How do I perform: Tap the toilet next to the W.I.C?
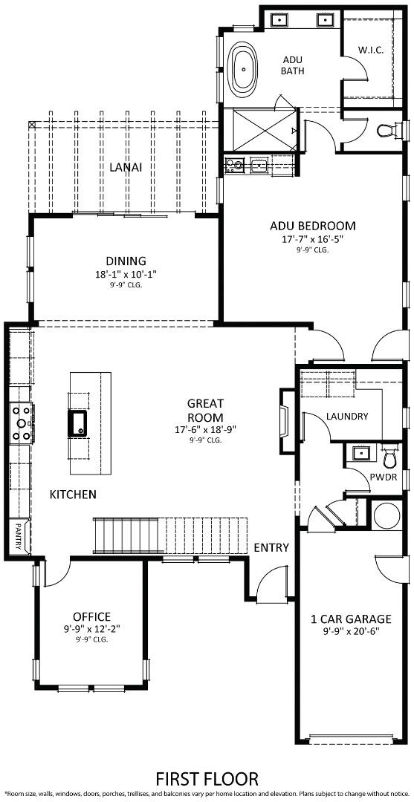click(386, 131)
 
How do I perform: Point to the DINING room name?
click(126, 261)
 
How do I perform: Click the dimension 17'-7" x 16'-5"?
click(312, 239)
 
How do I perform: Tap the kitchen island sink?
click(78, 423)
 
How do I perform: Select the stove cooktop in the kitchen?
click(20, 423)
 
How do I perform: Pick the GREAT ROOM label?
click(205, 410)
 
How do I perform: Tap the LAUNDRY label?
click(347, 417)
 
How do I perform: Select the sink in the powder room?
click(360, 451)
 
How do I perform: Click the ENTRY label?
click(271, 547)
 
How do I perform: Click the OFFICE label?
click(91, 616)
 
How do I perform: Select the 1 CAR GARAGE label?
click(351, 619)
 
